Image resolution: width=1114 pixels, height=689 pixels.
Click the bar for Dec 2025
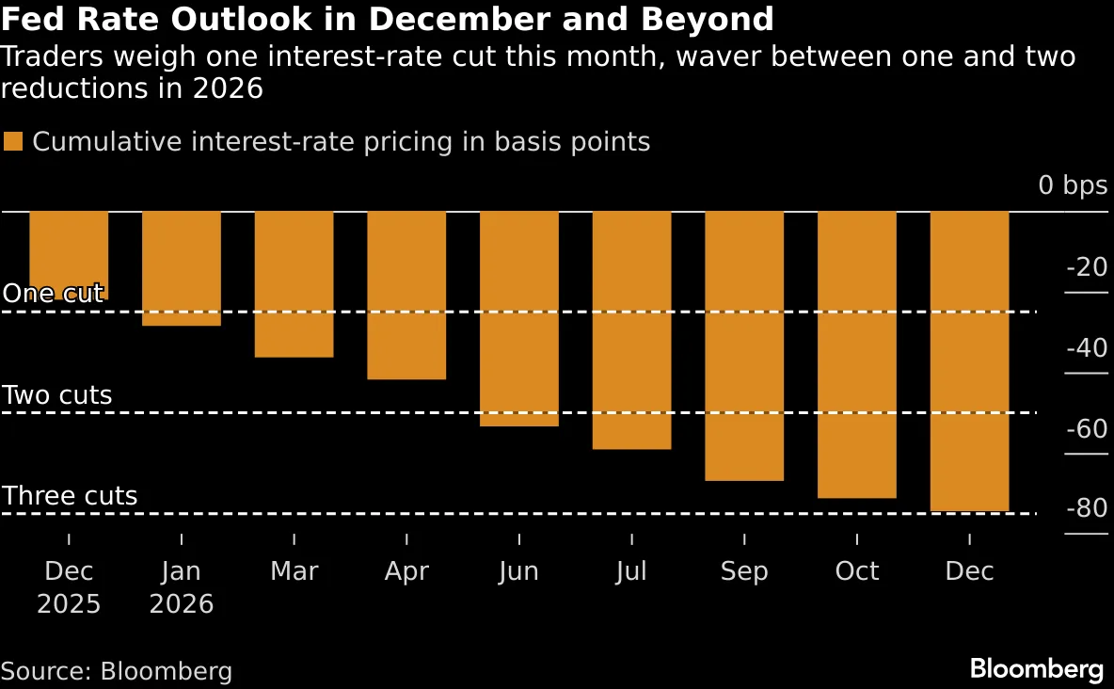[x=69, y=255]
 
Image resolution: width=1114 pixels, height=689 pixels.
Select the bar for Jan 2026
[x=182, y=268]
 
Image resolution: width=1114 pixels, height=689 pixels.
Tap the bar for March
[x=294, y=284]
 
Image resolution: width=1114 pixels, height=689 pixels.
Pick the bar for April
[x=406, y=296]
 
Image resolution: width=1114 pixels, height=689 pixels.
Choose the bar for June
[x=519, y=319]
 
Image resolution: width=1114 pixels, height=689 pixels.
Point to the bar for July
[x=631, y=330]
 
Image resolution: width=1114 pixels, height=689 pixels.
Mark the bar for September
[x=744, y=346]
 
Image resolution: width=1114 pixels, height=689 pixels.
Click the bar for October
[x=857, y=355]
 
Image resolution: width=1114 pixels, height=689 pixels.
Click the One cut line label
[x=53, y=294]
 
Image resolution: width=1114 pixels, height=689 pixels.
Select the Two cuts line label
[x=57, y=395]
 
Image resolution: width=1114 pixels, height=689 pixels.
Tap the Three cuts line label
[x=70, y=496]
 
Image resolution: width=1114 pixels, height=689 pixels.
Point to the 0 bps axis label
[x=1073, y=185]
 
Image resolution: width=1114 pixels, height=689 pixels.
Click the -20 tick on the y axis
[x=1087, y=268]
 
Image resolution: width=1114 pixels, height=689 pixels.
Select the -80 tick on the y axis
[x=1087, y=509]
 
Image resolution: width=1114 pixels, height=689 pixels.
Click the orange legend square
[x=13, y=142]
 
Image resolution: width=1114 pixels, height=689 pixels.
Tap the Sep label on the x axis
[x=744, y=571]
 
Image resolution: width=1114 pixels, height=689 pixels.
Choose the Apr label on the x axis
[x=406, y=571]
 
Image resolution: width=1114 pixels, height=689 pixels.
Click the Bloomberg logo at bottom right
[x=1037, y=669]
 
